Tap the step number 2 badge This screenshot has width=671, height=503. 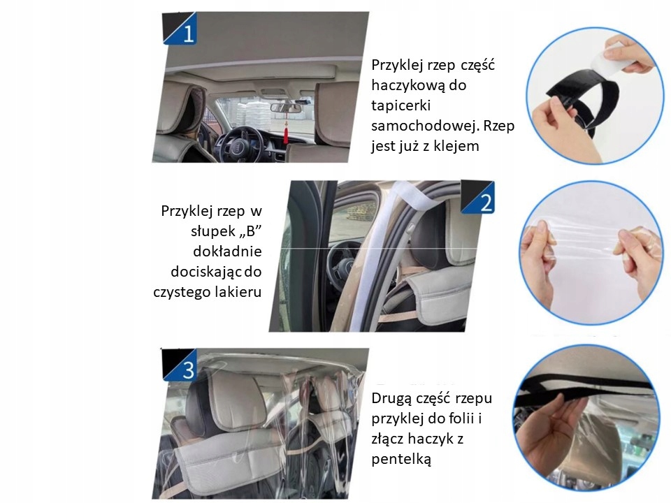tap(478, 197)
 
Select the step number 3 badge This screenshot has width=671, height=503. tap(180, 365)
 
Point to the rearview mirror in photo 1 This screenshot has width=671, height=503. tap(285, 108)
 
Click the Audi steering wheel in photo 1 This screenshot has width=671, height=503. tap(238, 144)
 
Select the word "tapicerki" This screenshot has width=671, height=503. tap(401, 105)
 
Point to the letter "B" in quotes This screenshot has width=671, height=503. tap(250, 231)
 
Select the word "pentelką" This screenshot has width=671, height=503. tap(401, 460)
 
